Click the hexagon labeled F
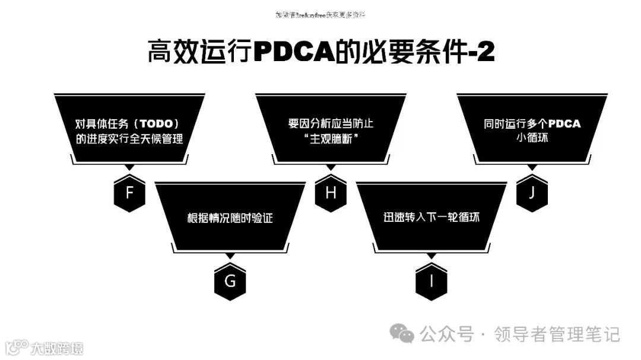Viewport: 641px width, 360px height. click(x=129, y=193)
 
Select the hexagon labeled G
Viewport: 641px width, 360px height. click(x=230, y=281)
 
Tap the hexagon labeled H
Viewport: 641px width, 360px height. click(x=331, y=193)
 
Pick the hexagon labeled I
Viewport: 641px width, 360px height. click(x=431, y=281)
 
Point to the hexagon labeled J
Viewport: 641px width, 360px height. click(x=532, y=193)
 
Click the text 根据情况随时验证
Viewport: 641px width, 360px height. click(x=230, y=218)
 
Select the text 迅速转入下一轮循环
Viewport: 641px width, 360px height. click(x=431, y=218)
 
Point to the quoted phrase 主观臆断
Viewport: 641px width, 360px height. click(x=331, y=139)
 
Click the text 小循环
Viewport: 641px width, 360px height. click(x=532, y=139)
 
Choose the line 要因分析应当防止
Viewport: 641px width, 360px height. click(x=331, y=124)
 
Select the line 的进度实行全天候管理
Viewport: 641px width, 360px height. click(x=129, y=139)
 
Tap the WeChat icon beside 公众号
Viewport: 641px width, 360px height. click(x=406, y=334)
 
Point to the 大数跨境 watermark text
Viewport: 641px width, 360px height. click(x=58, y=348)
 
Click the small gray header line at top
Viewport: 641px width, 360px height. click(x=320, y=15)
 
